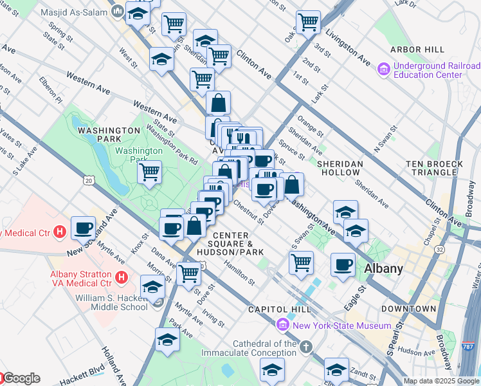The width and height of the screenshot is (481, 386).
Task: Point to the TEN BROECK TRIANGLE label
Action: [x=434, y=169]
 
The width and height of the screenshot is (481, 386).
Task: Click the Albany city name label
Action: [x=383, y=268]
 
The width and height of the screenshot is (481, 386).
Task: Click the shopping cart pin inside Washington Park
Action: [x=149, y=172]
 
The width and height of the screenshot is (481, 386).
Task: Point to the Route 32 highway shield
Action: [x=439, y=249]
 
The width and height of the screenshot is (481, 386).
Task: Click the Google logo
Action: [x=21, y=378]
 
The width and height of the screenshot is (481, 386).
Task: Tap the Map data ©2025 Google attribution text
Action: [x=442, y=381]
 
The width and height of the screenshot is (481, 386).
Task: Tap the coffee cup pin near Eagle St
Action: [x=343, y=264]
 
